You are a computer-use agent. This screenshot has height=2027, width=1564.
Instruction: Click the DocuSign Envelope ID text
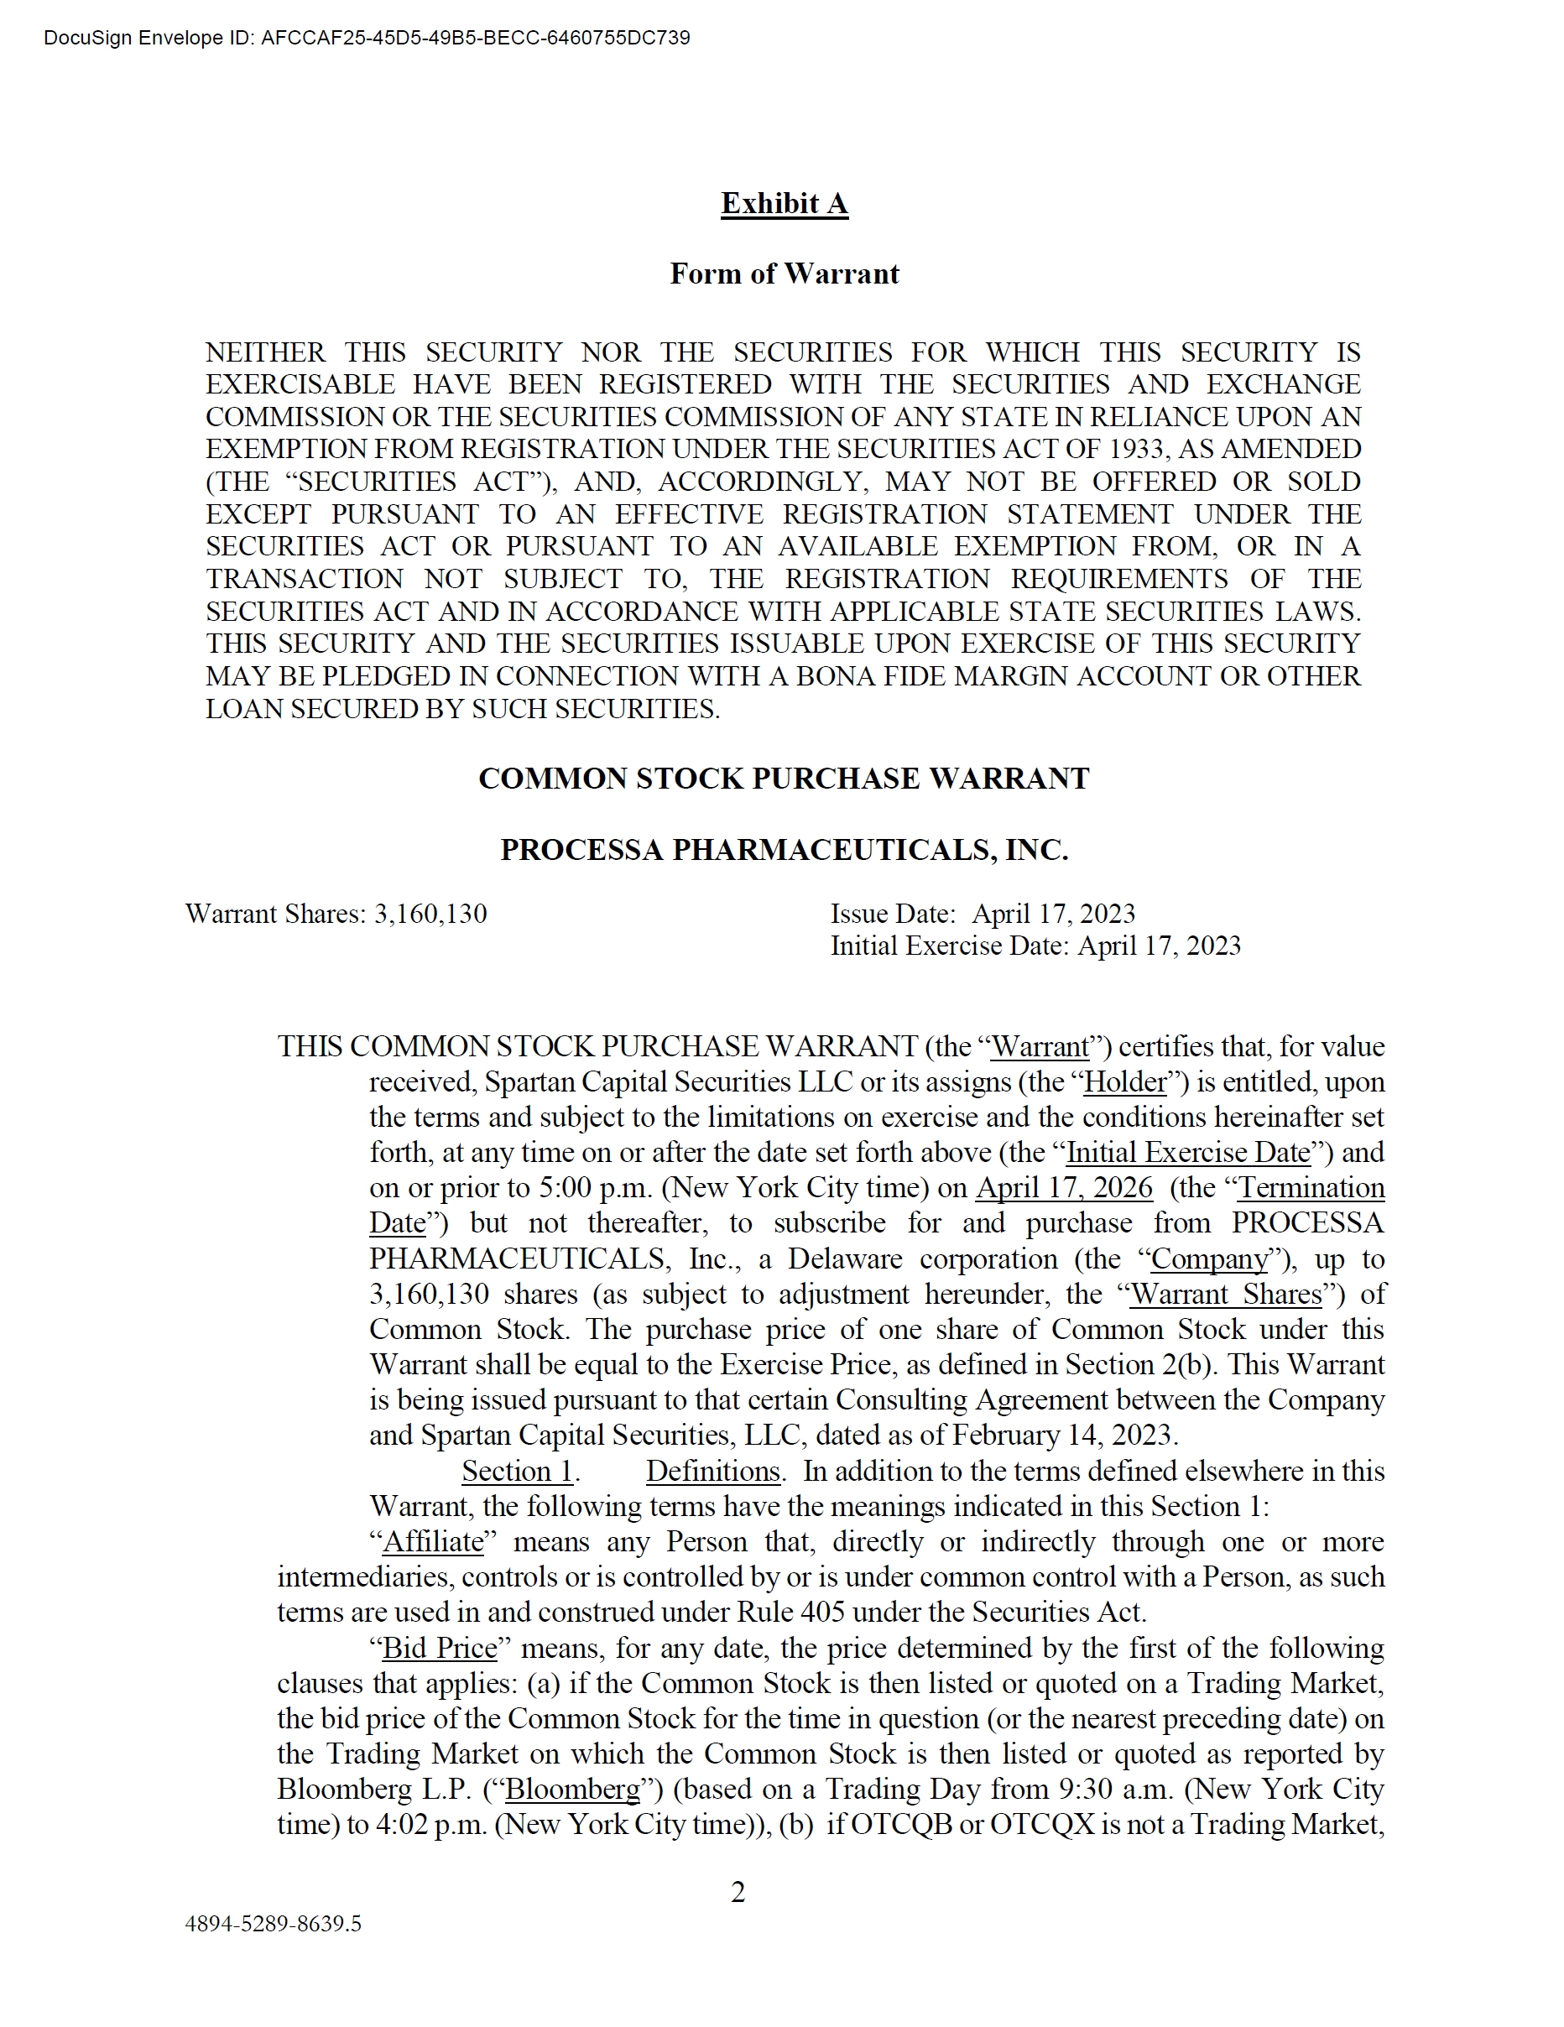click(367, 38)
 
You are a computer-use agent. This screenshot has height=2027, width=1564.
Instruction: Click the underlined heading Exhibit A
click(784, 203)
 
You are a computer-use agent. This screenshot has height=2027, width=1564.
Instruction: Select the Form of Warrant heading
click(784, 274)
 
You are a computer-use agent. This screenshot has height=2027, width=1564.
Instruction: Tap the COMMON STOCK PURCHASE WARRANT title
click(784, 778)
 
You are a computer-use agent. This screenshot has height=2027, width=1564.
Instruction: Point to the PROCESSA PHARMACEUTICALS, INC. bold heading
click(784, 849)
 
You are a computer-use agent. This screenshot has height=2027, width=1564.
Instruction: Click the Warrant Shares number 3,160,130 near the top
click(430, 914)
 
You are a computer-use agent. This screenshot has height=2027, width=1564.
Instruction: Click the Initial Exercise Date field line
click(1034, 946)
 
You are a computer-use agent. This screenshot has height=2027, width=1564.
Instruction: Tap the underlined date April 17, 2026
click(1064, 1187)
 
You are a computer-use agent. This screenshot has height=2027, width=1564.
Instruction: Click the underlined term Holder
click(1124, 1081)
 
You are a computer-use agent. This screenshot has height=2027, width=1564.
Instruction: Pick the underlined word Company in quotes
click(1208, 1258)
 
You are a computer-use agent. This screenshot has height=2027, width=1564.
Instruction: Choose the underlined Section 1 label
click(517, 1471)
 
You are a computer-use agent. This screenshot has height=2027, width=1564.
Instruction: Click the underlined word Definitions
click(712, 1471)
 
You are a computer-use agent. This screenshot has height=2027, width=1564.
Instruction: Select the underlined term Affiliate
click(433, 1541)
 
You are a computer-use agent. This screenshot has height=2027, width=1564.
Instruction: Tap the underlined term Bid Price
click(439, 1648)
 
